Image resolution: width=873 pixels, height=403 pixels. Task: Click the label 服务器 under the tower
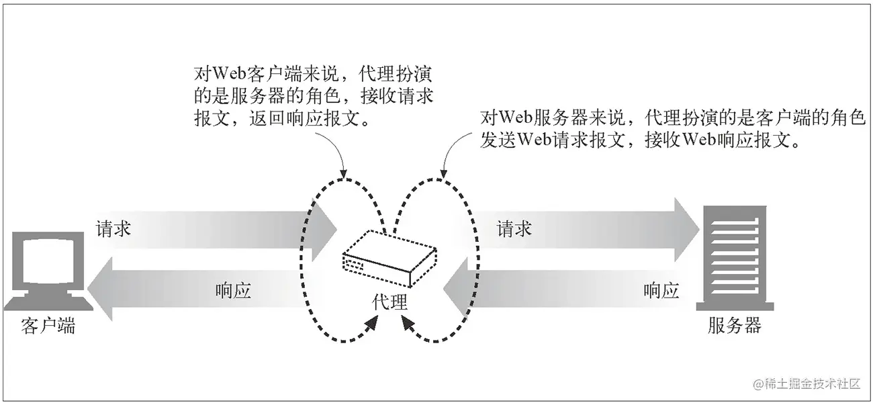click(x=735, y=326)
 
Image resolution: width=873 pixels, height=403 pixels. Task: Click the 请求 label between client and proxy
click(x=113, y=229)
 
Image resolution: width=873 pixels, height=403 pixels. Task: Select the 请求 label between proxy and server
click(x=514, y=229)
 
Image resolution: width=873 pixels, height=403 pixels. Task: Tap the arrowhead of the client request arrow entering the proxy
click(x=326, y=229)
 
